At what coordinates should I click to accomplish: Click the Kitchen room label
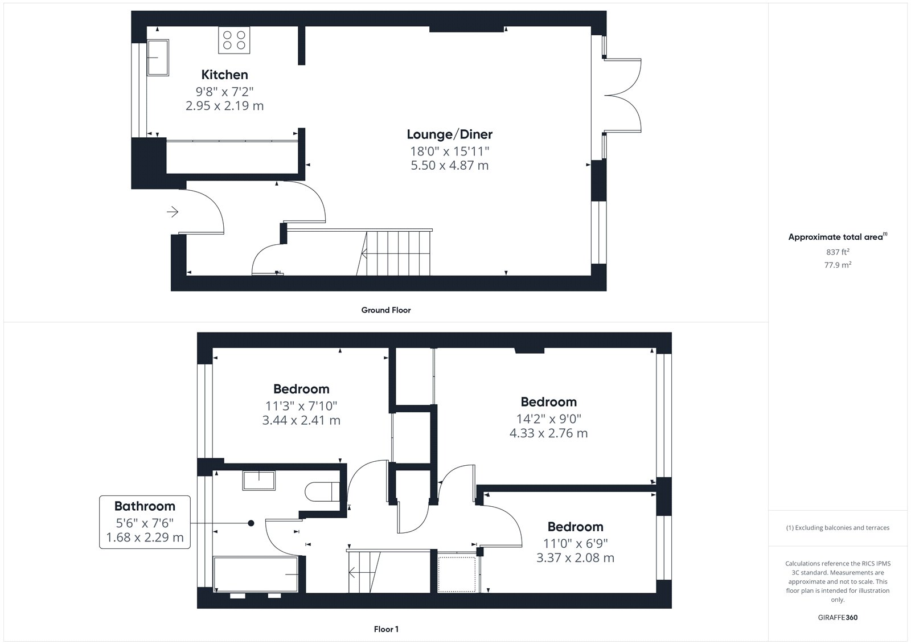(x=224, y=75)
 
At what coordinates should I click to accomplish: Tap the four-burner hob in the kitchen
(x=234, y=40)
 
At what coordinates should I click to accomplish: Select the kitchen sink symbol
(x=158, y=58)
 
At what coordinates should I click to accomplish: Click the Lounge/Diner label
(x=449, y=134)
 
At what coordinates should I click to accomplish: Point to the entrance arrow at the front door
(x=173, y=212)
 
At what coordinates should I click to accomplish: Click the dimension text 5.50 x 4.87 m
(x=449, y=166)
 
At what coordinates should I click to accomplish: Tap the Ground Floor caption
(x=386, y=310)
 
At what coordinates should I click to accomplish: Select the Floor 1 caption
(x=386, y=629)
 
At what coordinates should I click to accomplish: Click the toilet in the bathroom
(x=322, y=492)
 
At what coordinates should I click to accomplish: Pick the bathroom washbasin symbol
(x=259, y=481)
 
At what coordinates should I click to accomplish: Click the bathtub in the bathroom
(x=256, y=574)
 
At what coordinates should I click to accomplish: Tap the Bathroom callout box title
(x=145, y=506)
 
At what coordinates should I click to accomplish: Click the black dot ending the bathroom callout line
(x=251, y=523)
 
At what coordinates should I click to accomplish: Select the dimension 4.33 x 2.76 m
(x=549, y=433)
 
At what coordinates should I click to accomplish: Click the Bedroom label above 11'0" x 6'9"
(x=575, y=527)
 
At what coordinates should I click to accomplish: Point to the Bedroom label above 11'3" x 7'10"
(x=301, y=389)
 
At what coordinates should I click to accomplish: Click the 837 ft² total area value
(x=838, y=252)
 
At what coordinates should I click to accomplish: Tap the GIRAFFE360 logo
(x=838, y=617)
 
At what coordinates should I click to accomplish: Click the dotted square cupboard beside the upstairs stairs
(x=456, y=574)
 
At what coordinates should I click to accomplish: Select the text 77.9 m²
(x=838, y=265)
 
